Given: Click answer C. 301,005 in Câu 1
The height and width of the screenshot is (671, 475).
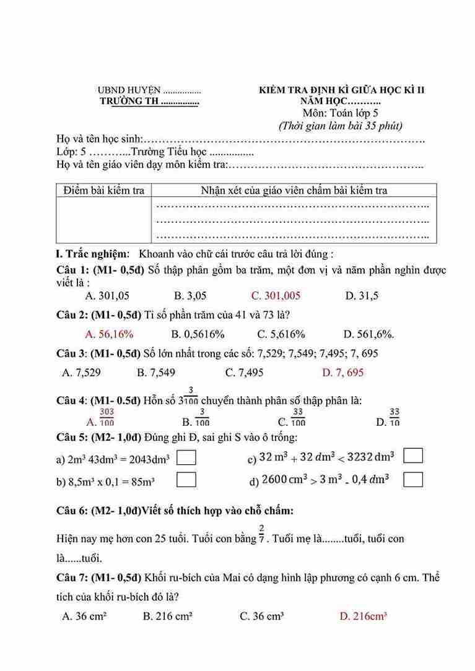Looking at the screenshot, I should pos(276,296).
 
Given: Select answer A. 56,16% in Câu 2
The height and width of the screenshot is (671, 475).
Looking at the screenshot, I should pos(109,334).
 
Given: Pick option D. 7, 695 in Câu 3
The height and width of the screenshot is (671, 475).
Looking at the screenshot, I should pos(343,373).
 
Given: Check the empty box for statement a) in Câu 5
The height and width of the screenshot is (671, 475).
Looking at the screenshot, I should pos(186,458).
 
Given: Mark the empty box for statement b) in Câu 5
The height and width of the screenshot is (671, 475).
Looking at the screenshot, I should pos(186,480).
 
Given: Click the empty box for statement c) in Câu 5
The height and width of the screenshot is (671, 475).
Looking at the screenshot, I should pos(413,456).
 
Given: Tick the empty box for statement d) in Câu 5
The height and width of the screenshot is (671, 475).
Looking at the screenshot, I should pos(413,479).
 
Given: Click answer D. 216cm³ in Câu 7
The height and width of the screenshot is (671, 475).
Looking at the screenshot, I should pos(364,616).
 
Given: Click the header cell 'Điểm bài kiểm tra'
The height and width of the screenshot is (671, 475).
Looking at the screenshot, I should pos(103,191).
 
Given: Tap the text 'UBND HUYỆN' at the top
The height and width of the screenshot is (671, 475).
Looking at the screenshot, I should pos(129,90).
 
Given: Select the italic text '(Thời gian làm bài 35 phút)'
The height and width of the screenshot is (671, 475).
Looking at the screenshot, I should pos(340,126).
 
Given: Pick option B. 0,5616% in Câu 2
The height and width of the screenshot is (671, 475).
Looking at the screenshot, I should pos(198,334).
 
